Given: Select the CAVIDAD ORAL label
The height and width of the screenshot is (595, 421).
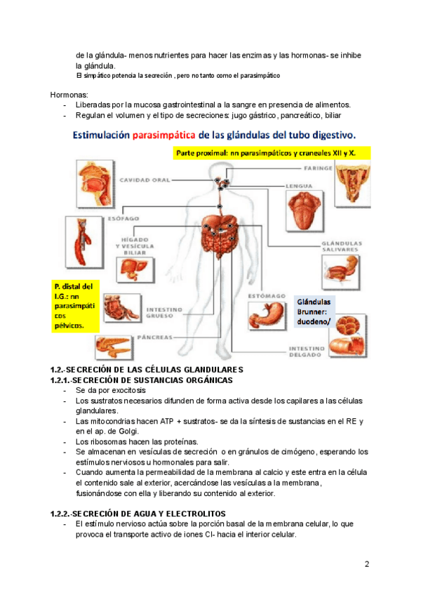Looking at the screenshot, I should pyautogui.click(x=145, y=180).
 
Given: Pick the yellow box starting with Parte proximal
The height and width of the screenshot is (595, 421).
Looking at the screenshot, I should pyautogui.click(x=276, y=152).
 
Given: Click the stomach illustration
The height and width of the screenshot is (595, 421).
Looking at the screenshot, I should pyautogui.click(x=267, y=323).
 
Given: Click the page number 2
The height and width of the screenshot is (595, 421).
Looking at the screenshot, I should pyautogui.click(x=367, y=565).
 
